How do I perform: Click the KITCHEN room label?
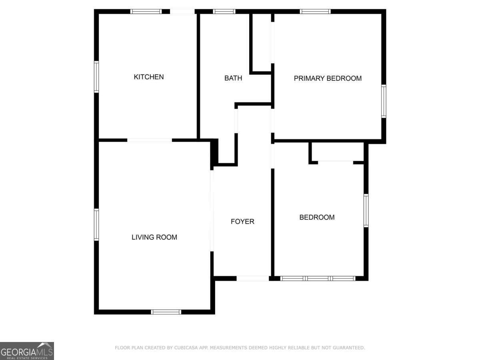tap(148, 77)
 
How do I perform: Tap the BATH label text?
tap(233, 78)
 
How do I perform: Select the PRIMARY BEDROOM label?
tap(328, 78)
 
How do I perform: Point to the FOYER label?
tap(242, 221)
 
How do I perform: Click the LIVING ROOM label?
tap(154, 237)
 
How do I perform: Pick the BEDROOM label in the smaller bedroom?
tap(317, 217)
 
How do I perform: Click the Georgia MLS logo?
tap(27, 351)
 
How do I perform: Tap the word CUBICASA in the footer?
tap(186, 348)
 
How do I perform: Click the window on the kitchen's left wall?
tap(96, 77)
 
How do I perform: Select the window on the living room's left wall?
tap(96, 224)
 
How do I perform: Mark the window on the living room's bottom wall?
tap(166, 312)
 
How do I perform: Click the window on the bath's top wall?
tap(224, 11)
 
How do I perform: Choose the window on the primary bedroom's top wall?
tap(315, 11)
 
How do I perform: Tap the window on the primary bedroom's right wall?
tap(384, 101)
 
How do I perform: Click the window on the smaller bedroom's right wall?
tap(366, 211)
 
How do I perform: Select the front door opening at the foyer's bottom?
tap(252, 278)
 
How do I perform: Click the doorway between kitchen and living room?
tap(150, 140)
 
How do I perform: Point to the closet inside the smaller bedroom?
tap(336, 152)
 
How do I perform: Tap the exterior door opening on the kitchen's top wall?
tap(182, 11)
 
